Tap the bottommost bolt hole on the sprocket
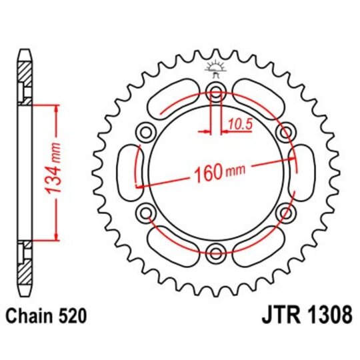coord(215,252)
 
